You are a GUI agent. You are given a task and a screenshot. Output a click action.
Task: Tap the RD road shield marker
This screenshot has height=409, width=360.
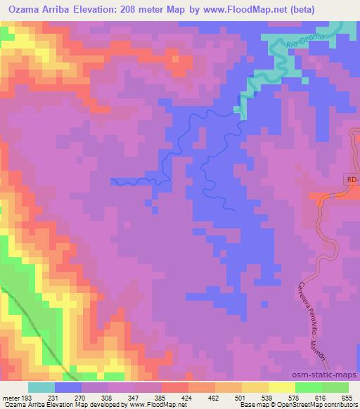353,180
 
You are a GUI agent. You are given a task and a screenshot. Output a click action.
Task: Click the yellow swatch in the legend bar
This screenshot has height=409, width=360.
281,387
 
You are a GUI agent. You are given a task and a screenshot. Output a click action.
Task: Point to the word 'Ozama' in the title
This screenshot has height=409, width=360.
25,9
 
